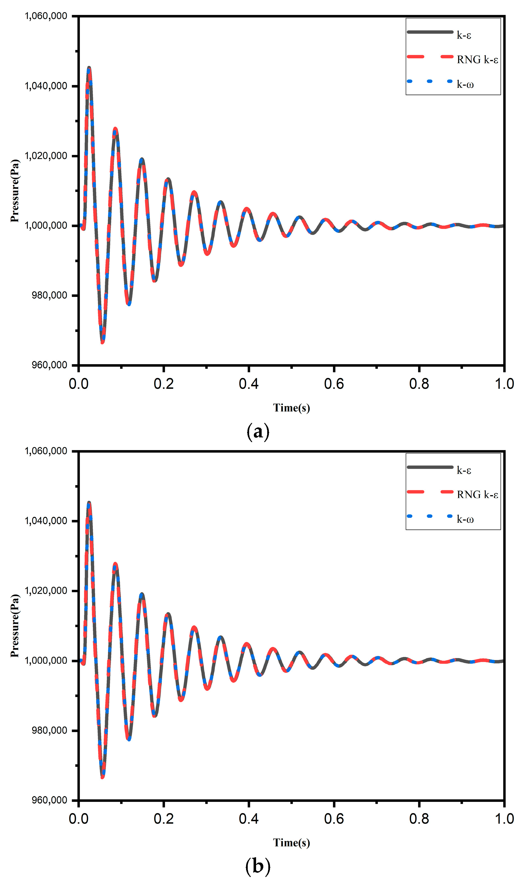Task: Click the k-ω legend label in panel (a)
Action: point(465,85)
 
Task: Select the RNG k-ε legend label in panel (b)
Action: point(477,495)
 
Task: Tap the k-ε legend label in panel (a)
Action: point(464,35)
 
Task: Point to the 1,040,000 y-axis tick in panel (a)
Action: point(46,86)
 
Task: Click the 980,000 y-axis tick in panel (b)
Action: point(49,730)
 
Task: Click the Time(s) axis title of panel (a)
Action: point(291,408)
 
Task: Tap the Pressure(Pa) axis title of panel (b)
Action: point(15,626)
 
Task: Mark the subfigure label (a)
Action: point(258,431)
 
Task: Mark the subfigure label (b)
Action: point(258,866)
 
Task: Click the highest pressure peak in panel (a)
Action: point(89,67)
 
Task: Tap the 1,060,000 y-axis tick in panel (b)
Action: point(46,451)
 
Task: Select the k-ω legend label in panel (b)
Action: point(465,519)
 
